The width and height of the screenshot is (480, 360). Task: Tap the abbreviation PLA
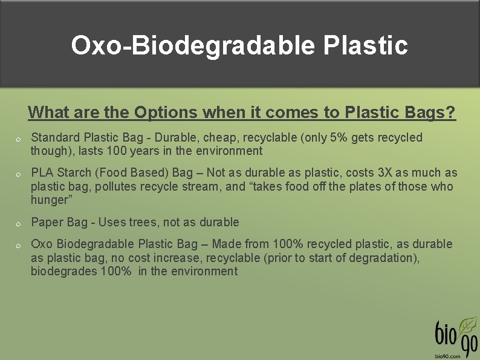tap(42, 173)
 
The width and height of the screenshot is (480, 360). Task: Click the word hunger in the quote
tap(49, 200)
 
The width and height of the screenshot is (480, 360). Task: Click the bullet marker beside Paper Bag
tap(19, 224)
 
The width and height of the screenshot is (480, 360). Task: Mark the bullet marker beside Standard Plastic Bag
tap(19, 140)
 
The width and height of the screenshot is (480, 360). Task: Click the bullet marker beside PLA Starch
tap(19, 175)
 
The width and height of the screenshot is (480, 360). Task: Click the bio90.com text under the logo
tap(449, 356)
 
